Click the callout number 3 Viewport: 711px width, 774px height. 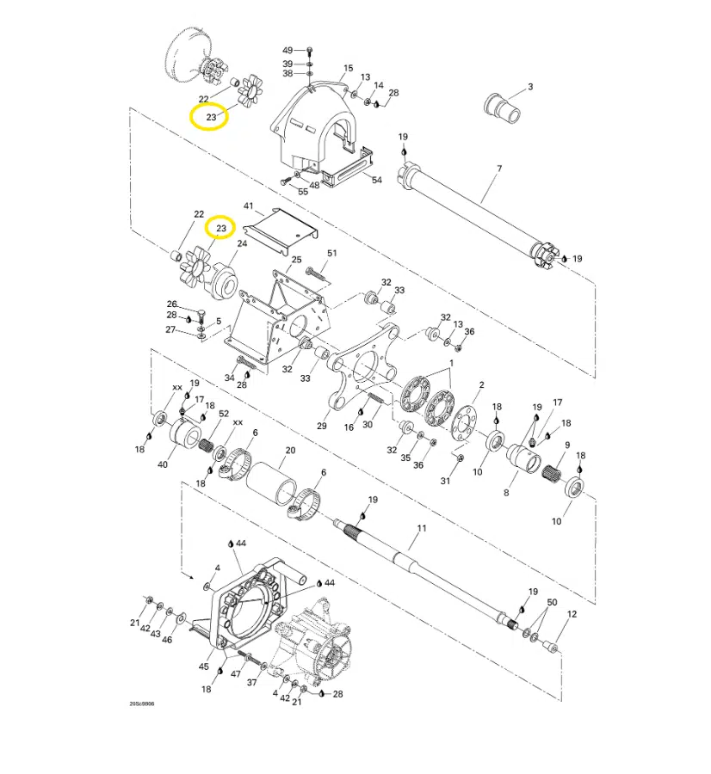(x=530, y=86)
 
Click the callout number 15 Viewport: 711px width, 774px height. (x=349, y=68)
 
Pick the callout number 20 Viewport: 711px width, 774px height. (x=290, y=451)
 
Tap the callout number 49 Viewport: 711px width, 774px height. (x=287, y=50)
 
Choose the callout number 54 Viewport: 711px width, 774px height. (x=376, y=180)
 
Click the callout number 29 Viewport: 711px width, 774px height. (x=322, y=426)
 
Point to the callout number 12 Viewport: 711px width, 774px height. (x=572, y=615)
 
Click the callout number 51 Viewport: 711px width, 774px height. (x=332, y=253)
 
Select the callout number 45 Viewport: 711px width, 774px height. (x=204, y=666)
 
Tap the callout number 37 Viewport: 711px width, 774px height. (x=252, y=682)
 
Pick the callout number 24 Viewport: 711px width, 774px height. (x=242, y=243)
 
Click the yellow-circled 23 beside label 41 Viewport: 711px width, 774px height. (x=222, y=228)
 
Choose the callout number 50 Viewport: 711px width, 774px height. (x=553, y=602)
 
